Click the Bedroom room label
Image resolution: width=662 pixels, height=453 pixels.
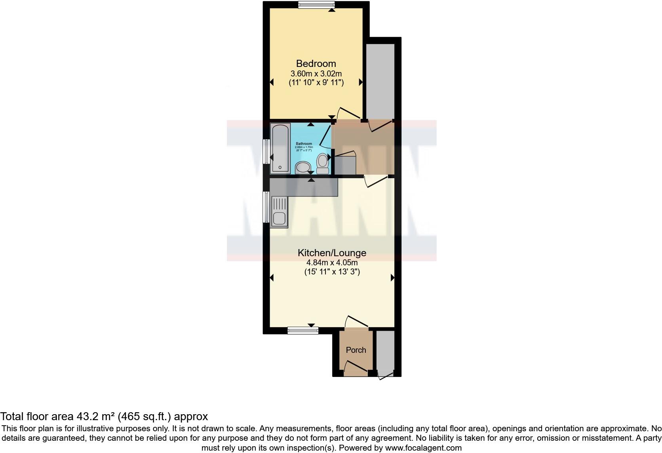316,63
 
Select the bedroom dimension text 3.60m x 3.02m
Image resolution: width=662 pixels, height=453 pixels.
316,74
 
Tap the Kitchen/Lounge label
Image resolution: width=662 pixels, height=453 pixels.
332,253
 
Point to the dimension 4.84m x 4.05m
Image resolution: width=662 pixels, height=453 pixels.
332,263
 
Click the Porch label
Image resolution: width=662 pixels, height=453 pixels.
356,350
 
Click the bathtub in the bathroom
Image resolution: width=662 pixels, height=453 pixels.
280,148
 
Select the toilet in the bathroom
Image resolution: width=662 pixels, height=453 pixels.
323,164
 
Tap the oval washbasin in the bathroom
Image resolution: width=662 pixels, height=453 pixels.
303,167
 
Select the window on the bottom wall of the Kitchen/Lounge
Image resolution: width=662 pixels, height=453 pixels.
303,330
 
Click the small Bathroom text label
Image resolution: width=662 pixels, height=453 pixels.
304,144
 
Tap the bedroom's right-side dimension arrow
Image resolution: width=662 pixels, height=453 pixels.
361,82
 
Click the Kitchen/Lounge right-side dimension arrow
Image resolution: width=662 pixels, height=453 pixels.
392,278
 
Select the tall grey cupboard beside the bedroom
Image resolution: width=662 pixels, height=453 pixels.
380,81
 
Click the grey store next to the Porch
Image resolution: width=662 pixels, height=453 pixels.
385,350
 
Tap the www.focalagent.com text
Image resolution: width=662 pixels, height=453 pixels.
423,448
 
